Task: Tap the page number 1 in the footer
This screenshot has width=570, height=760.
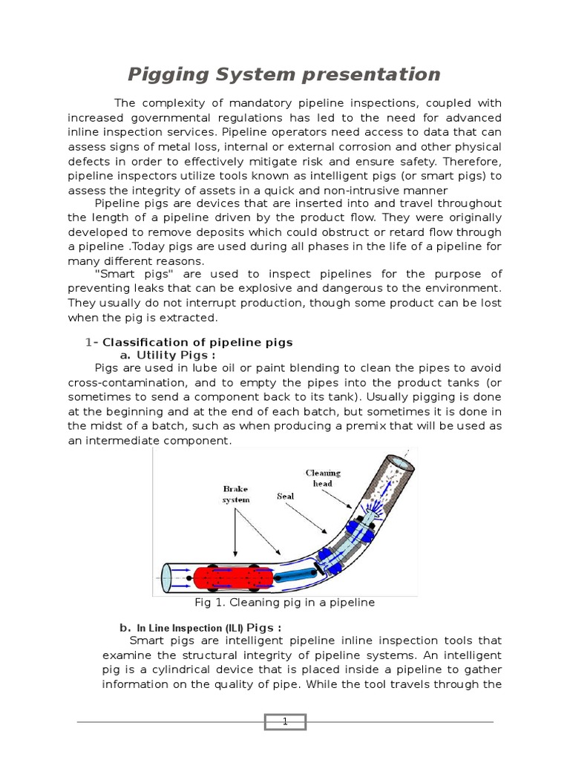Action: (x=284, y=721)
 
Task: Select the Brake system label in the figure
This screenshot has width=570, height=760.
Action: (x=236, y=494)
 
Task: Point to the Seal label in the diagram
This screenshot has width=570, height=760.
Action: (x=286, y=496)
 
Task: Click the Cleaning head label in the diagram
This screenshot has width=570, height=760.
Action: (x=323, y=478)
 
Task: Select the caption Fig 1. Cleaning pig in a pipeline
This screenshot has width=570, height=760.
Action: (x=284, y=603)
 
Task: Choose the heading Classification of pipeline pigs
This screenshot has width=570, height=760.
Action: (x=197, y=342)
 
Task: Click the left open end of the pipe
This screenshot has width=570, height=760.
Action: (x=168, y=577)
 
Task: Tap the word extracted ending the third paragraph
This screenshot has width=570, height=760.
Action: (x=191, y=317)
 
